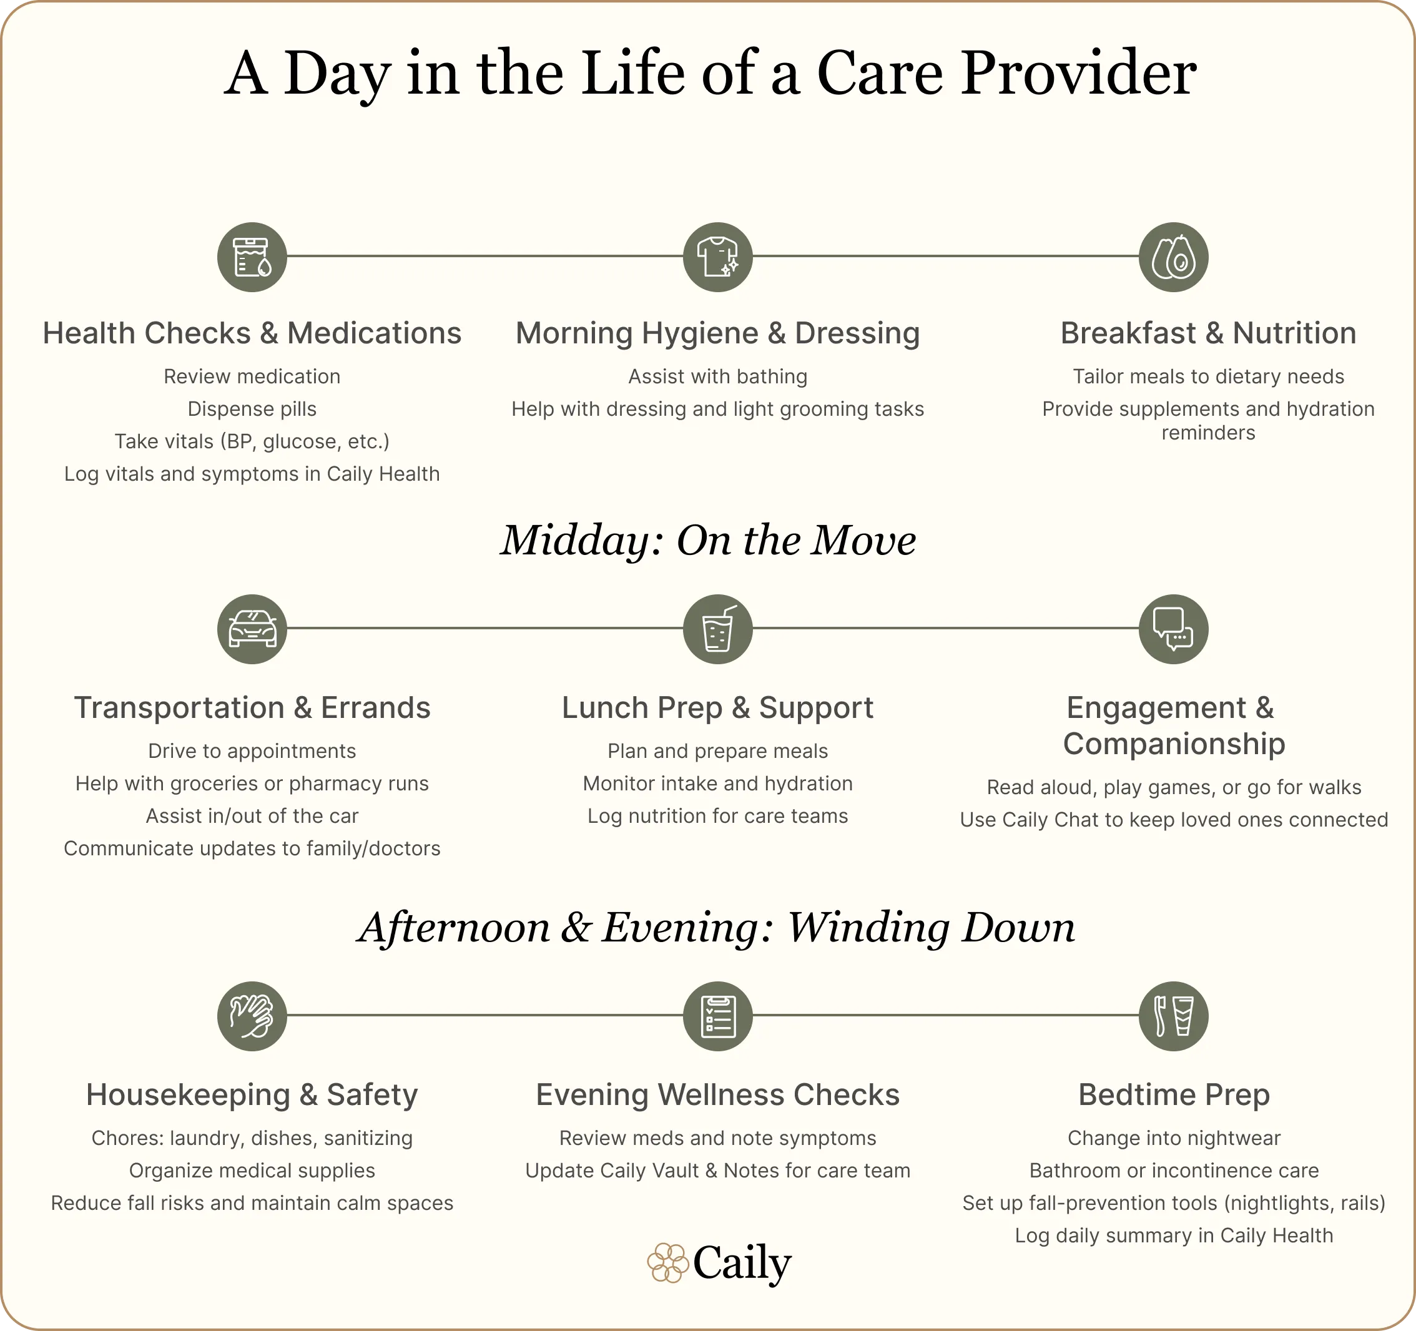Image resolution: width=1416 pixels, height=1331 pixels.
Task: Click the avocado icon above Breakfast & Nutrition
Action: (1173, 257)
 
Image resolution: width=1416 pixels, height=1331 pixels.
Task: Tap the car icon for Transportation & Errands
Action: (252, 629)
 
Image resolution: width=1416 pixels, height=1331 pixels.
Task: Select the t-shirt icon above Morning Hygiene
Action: (717, 257)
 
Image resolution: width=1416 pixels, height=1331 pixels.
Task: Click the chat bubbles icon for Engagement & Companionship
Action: (1173, 629)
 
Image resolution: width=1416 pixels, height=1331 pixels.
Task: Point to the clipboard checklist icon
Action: (717, 1016)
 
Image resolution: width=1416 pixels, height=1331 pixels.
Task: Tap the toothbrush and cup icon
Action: (1173, 1016)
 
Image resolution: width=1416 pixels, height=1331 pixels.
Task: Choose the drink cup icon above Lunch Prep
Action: (717, 629)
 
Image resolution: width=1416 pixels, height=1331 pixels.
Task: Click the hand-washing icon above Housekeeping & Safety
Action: (252, 1016)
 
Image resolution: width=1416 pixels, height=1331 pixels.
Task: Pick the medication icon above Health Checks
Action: (252, 257)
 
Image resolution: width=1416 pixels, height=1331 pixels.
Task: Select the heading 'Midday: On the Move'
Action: (708, 541)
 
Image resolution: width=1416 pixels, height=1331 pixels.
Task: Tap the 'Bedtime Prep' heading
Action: (1174, 1095)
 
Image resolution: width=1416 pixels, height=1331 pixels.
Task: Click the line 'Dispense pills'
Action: (252, 410)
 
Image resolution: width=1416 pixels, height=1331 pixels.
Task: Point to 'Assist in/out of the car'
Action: (252, 816)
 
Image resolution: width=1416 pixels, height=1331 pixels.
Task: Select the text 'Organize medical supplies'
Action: (252, 1171)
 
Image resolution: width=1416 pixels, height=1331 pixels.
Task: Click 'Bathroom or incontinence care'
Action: (1174, 1171)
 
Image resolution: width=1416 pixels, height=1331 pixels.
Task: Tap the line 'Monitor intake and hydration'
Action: (717, 784)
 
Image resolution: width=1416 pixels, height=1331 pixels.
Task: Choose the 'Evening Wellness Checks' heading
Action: (717, 1095)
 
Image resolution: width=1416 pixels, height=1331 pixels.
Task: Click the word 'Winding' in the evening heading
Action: (868, 928)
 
